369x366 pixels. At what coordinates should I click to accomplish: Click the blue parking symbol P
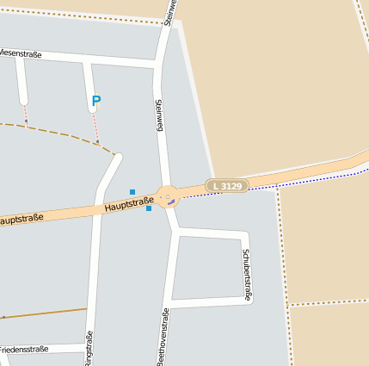point(96,102)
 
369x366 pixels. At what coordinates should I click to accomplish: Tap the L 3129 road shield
point(227,185)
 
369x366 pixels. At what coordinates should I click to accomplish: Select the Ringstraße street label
point(89,348)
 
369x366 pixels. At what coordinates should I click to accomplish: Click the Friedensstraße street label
point(23,350)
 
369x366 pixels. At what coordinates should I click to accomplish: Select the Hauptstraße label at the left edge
point(21,220)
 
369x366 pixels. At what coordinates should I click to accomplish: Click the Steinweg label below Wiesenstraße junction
point(158,115)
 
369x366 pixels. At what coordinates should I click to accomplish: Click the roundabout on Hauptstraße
point(167,196)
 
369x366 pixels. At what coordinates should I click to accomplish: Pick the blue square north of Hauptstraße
point(132,191)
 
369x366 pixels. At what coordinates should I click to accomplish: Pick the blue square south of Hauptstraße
point(149,208)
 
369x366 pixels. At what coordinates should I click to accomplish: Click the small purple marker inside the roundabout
point(170,202)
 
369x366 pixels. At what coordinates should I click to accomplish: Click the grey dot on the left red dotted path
point(26,121)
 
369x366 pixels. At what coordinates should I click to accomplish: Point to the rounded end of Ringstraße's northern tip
point(118,157)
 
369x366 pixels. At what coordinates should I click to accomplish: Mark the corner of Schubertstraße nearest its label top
point(246,235)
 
